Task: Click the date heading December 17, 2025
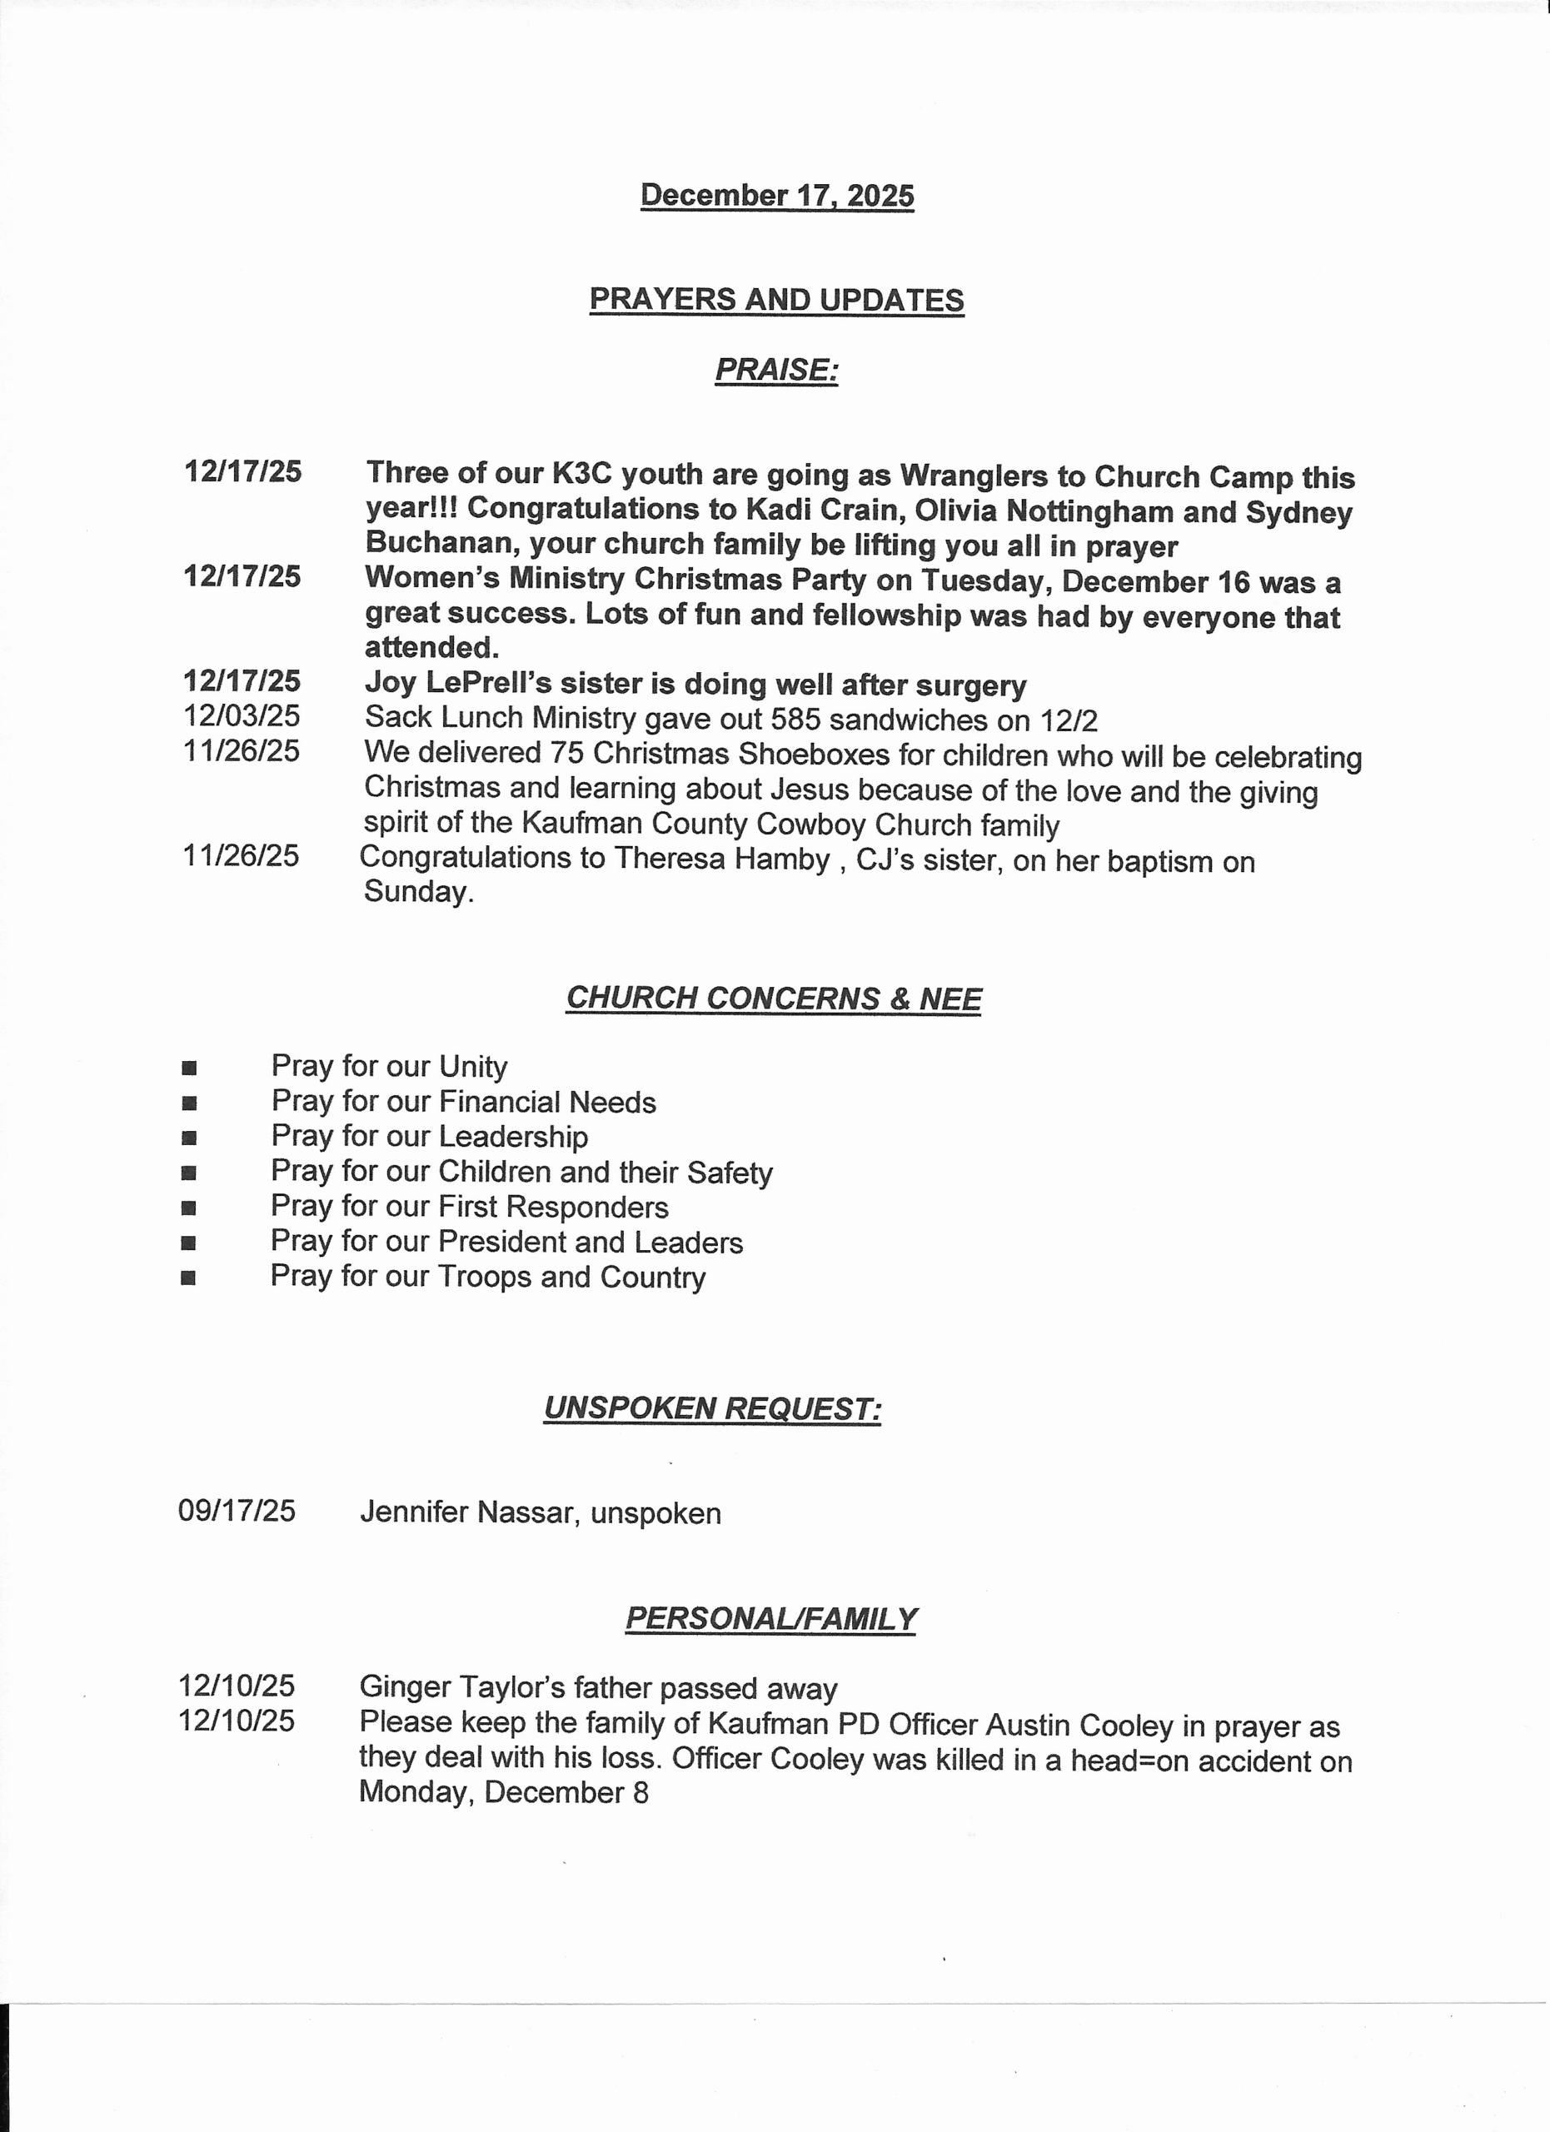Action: click(776, 196)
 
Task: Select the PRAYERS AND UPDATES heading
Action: click(776, 300)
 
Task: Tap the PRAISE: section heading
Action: click(776, 370)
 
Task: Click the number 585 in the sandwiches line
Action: click(795, 720)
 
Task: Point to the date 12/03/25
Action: click(242, 716)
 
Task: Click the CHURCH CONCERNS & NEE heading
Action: click(774, 999)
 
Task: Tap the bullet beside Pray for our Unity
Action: click(189, 1068)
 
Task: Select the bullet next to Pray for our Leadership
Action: click(189, 1138)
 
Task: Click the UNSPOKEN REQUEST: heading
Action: click(712, 1409)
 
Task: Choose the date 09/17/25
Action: click(237, 1512)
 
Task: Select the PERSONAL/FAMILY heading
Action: click(770, 1619)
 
